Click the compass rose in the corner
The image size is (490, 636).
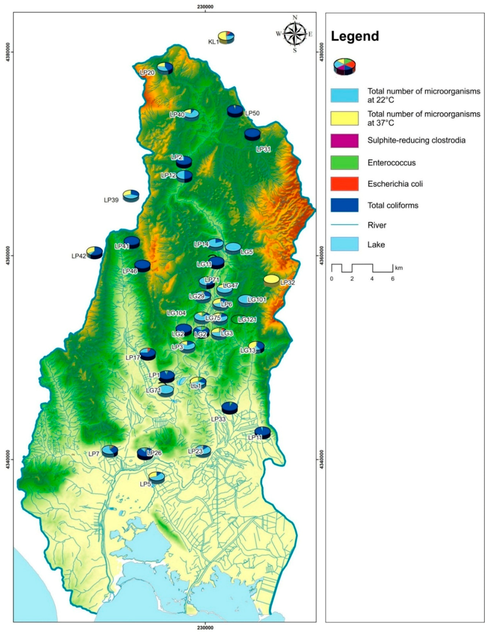coord(295,34)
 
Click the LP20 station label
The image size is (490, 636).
coord(147,72)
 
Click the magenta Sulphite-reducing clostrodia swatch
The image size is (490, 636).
coord(344,141)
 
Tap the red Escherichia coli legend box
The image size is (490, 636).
coord(344,184)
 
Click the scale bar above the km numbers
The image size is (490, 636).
coord(362,268)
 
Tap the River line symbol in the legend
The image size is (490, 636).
coord(344,225)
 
